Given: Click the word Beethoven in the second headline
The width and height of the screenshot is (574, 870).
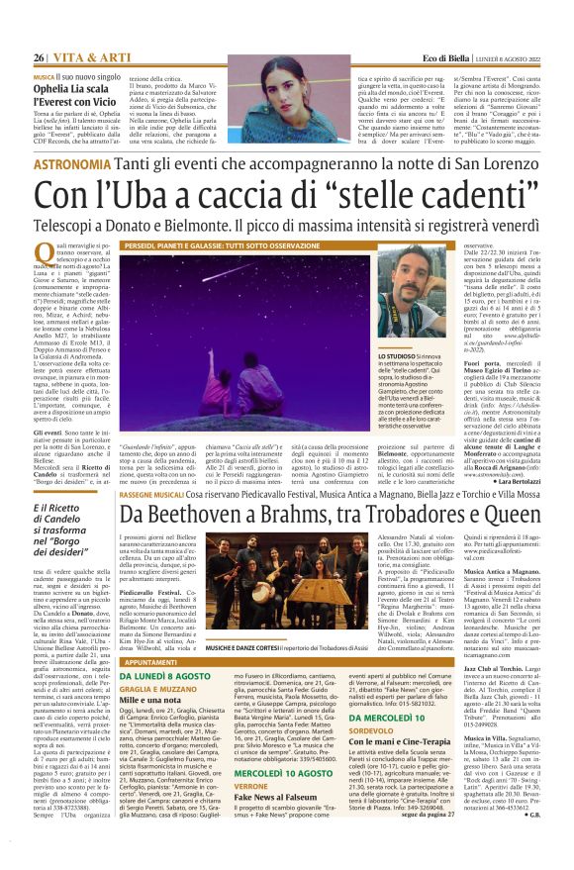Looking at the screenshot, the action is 223,514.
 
